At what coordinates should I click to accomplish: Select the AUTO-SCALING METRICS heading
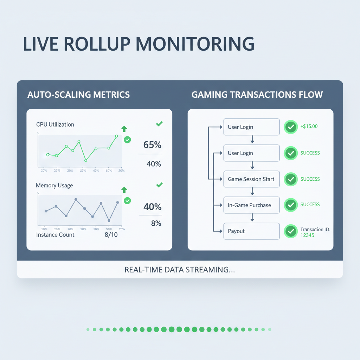click(78, 95)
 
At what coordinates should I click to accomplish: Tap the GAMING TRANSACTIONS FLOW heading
click(257, 95)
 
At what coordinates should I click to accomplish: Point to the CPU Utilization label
click(55, 124)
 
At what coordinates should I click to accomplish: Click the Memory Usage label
click(54, 185)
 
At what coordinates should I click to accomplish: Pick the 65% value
click(152, 145)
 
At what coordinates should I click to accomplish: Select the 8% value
click(156, 223)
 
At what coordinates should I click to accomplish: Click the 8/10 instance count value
click(111, 235)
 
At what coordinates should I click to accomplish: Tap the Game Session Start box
click(251, 179)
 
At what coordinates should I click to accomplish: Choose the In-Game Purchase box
click(251, 205)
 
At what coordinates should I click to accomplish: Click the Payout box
click(251, 231)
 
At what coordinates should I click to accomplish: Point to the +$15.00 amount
click(309, 126)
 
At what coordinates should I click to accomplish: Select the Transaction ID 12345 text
click(315, 232)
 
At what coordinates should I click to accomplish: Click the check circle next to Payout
click(291, 231)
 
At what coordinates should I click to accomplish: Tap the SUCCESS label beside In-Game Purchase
click(310, 204)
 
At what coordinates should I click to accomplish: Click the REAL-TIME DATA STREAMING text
click(180, 270)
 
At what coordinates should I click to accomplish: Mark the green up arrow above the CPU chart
click(124, 129)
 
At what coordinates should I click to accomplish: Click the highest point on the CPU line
click(116, 136)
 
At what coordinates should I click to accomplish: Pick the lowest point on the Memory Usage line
click(109, 220)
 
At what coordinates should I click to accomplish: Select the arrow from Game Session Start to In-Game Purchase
click(252, 192)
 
